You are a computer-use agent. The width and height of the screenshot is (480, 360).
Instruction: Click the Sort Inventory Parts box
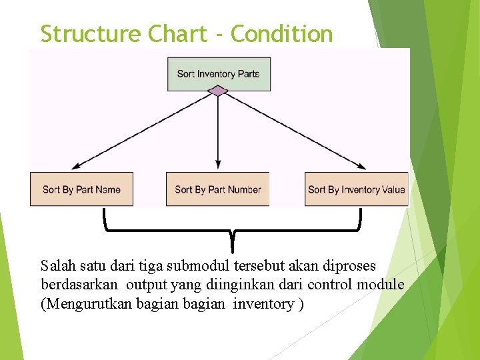[x=219, y=73]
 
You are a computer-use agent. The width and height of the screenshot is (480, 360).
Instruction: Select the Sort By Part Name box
[x=81, y=189]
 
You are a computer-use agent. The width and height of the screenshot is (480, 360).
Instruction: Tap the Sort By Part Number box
[x=218, y=189]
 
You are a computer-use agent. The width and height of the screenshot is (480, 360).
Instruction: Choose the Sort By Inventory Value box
[x=356, y=189]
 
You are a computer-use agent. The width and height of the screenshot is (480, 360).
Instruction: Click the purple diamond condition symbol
[x=218, y=91]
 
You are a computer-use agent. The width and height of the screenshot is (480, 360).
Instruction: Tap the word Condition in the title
[x=282, y=33]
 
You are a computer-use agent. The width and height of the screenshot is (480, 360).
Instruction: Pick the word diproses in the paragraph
[x=349, y=265]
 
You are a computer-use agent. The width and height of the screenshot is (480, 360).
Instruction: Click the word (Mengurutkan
[x=85, y=304]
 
